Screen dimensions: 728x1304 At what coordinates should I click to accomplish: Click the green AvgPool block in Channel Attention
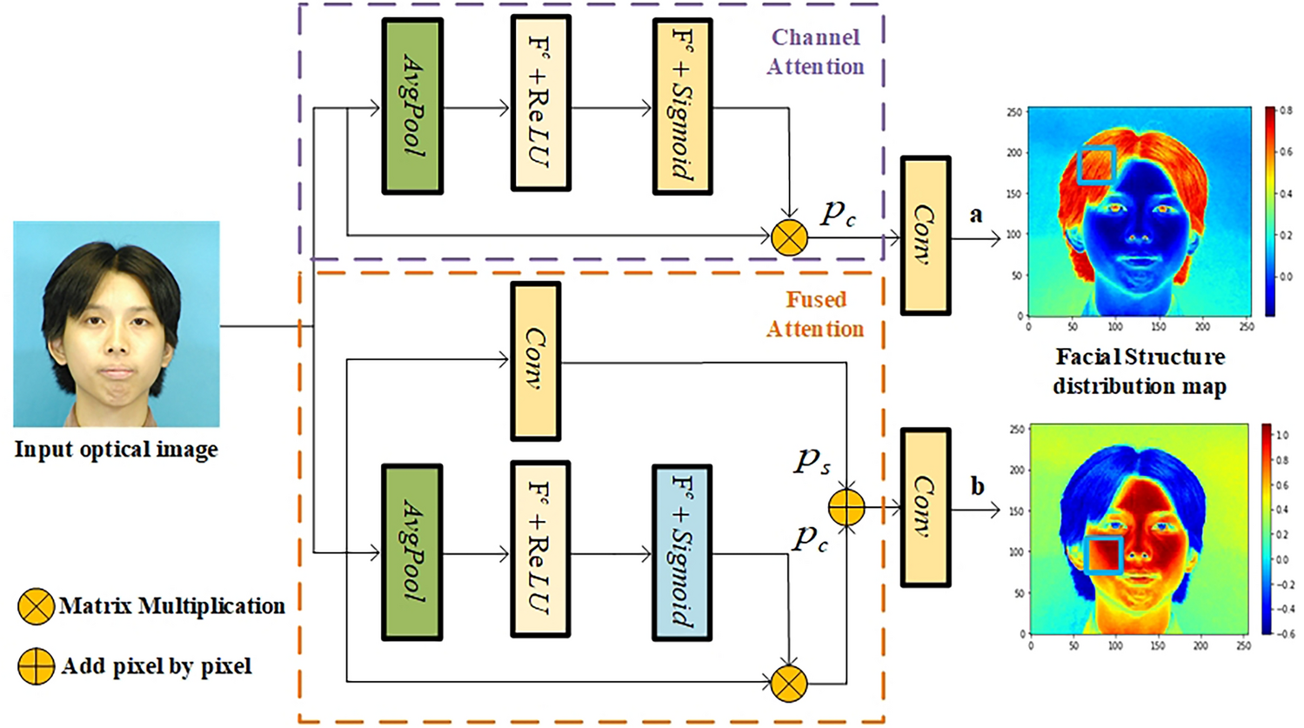(x=412, y=106)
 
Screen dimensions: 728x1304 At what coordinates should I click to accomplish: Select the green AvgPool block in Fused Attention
(x=412, y=551)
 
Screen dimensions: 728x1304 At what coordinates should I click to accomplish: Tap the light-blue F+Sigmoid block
(x=682, y=551)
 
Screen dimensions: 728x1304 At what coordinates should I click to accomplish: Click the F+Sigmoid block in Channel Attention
(x=682, y=106)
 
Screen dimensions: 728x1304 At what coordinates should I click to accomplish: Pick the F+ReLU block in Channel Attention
(x=540, y=103)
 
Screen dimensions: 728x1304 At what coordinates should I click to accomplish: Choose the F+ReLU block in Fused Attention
(x=540, y=549)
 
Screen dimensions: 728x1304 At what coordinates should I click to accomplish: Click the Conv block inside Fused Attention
(x=535, y=361)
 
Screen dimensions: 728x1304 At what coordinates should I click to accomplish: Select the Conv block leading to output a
(x=925, y=235)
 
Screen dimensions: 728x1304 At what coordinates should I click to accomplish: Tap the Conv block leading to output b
(x=925, y=507)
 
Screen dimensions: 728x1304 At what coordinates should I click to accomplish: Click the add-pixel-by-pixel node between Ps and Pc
(x=846, y=508)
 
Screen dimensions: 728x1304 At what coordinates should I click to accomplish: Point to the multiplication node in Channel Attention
(x=789, y=237)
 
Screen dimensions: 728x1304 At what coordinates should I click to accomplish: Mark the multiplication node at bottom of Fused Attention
(x=789, y=684)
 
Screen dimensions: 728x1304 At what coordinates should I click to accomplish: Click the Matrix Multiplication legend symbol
(x=36, y=606)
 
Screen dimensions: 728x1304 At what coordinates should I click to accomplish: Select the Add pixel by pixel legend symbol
(x=36, y=666)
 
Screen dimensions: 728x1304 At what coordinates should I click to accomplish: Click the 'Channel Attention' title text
(x=815, y=52)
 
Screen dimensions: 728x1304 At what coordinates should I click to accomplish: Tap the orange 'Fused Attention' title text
(x=815, y=314)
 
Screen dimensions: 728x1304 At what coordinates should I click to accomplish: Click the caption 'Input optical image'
(x=116, y=450)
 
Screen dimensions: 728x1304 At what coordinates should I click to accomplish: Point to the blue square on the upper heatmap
(x=1096, y=165)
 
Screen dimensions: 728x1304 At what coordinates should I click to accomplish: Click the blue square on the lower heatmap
(x=1103, y=555)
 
